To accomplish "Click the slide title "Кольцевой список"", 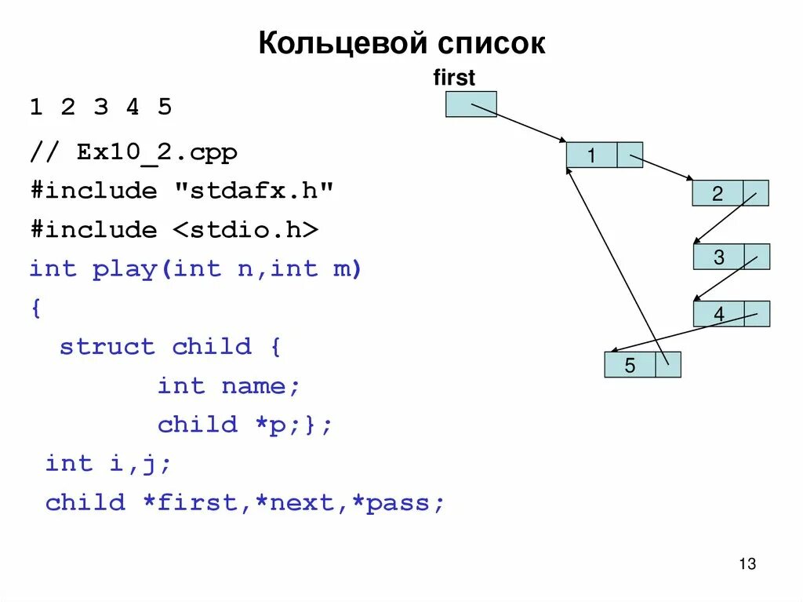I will (x=401, y=43).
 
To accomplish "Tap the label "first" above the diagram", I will (x=454, y=78).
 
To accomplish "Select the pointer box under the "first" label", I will (x=471, y=104).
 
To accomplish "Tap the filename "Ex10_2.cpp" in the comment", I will (x=157, y=151).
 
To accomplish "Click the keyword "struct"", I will (x=107, y=347).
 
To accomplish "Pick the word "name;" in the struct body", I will (x=261, y=386).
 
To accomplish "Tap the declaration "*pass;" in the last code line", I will (x=399, y=502).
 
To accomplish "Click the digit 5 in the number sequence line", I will (x=164, y=107).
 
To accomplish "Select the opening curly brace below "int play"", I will (x=35, y=308).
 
